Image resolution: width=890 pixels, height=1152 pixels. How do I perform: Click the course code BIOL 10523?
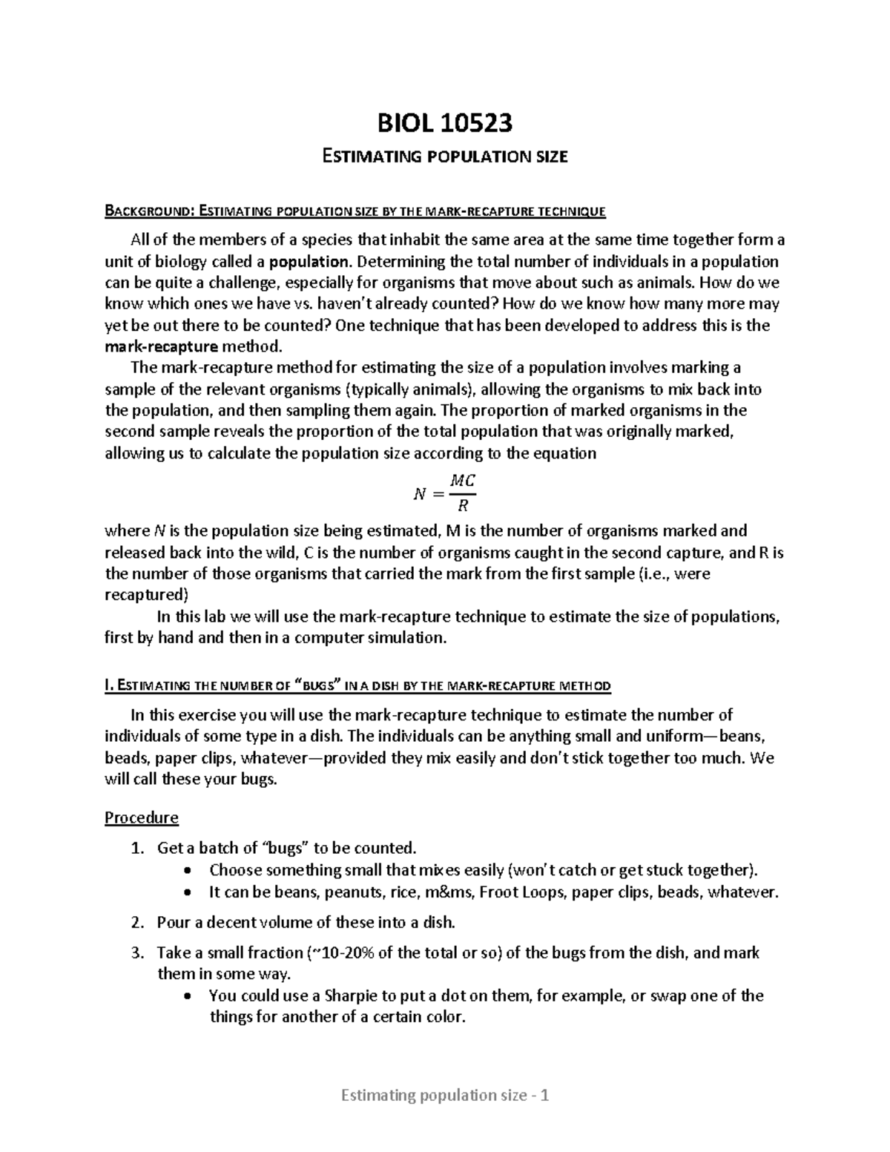[445, 123]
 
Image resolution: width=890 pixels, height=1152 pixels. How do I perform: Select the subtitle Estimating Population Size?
[445, 157]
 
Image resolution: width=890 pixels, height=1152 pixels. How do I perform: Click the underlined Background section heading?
[355, 212]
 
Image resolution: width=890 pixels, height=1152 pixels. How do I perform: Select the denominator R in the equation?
[463, 507]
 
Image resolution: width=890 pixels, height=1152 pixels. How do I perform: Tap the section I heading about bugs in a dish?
[358, 686]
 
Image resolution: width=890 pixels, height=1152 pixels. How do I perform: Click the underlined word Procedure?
[142, 817]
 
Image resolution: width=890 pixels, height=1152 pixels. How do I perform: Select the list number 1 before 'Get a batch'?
[136, 849]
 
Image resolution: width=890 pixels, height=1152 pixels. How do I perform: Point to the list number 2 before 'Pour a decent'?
[136, 923]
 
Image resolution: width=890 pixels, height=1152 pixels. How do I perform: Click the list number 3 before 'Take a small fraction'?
[136, 953]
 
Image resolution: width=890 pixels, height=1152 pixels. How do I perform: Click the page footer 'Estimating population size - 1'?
[445, 1095]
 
